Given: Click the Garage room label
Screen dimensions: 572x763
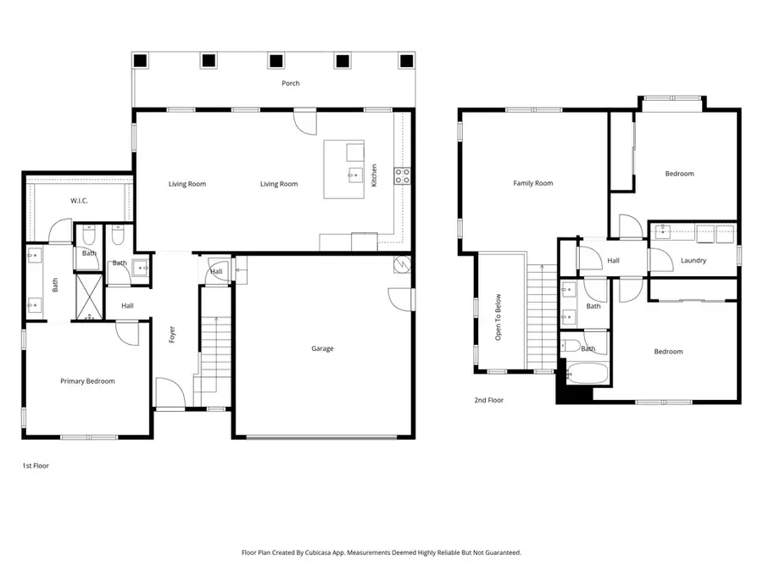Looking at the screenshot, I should [322, 348].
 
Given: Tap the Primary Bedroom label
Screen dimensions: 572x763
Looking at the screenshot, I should [87, 381].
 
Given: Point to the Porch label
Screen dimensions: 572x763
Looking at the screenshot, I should [291, 83].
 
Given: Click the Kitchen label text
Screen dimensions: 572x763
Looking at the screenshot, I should [374, 175].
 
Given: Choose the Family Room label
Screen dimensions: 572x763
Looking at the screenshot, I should [533, 183].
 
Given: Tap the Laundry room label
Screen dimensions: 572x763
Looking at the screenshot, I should [693, 260].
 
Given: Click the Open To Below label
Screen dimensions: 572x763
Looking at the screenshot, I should [498, 316].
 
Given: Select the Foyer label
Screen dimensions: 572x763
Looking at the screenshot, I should [172, 336].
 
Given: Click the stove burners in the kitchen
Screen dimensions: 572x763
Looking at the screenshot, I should [402, 176].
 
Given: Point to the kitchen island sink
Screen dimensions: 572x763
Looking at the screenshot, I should [354, 176].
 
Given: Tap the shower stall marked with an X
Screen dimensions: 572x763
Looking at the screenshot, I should [88, 297].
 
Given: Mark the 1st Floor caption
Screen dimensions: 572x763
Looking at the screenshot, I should [35, 465].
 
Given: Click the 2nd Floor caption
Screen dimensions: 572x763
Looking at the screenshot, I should [489, 400].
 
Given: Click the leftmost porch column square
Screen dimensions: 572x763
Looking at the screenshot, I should [141, 60].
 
